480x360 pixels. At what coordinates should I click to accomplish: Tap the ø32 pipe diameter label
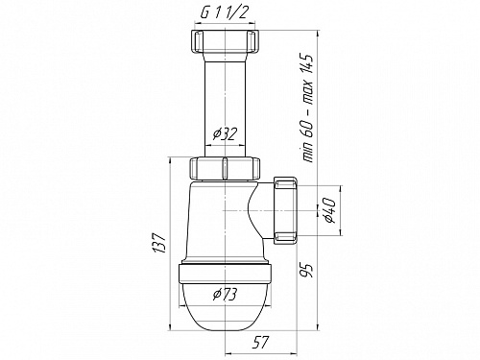pos(225,134)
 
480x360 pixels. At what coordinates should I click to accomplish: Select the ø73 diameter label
pos(225,295)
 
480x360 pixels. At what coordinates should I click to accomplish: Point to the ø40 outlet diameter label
pos(329,210)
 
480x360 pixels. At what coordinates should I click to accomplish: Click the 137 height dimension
pos(159,243)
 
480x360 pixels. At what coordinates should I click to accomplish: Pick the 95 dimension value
pos(305,271)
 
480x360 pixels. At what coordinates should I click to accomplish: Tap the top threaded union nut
pos(225,41)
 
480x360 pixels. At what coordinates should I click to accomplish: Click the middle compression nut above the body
pos(225,169)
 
